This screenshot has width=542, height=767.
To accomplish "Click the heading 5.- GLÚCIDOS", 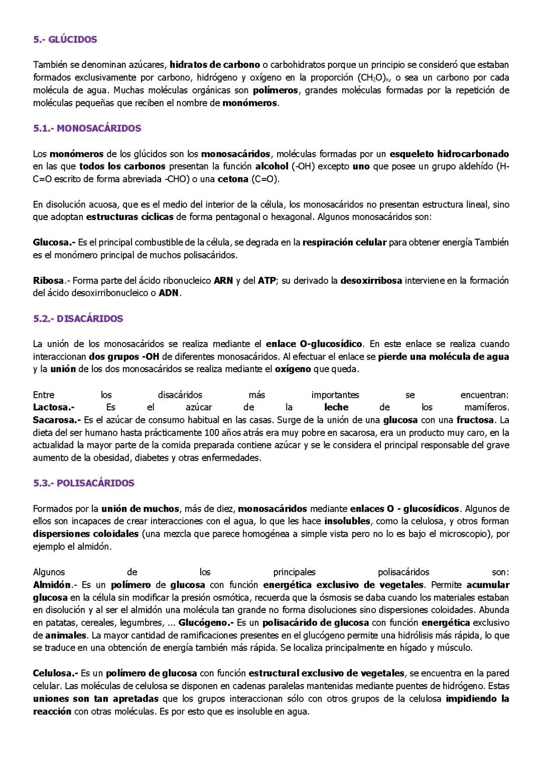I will [65, 40].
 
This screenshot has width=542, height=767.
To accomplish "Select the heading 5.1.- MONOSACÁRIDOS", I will [87, 129].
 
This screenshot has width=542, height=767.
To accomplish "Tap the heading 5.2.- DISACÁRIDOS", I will [78, 318].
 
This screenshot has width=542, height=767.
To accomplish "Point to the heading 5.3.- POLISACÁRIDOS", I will [84, 483].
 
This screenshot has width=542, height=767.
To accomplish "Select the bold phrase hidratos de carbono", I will [215, 65].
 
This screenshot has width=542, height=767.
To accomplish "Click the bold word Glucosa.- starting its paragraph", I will [54, 243].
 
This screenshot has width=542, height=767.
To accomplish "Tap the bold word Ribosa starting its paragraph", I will [49, 281].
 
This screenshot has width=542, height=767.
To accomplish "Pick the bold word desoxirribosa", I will [371, 281].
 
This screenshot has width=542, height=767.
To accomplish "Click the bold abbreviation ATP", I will [266, 281].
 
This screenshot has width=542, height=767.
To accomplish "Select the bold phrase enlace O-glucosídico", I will [314, 344].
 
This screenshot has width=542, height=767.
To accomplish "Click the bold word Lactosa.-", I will [54, 407].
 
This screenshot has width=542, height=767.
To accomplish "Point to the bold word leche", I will [336, 407].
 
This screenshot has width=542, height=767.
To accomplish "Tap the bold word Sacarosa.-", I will [57, 420].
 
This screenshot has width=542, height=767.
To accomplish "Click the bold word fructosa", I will [475, 420].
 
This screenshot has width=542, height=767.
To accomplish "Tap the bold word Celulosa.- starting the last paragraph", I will [55, 673].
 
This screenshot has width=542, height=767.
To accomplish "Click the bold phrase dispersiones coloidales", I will [86, 534].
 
